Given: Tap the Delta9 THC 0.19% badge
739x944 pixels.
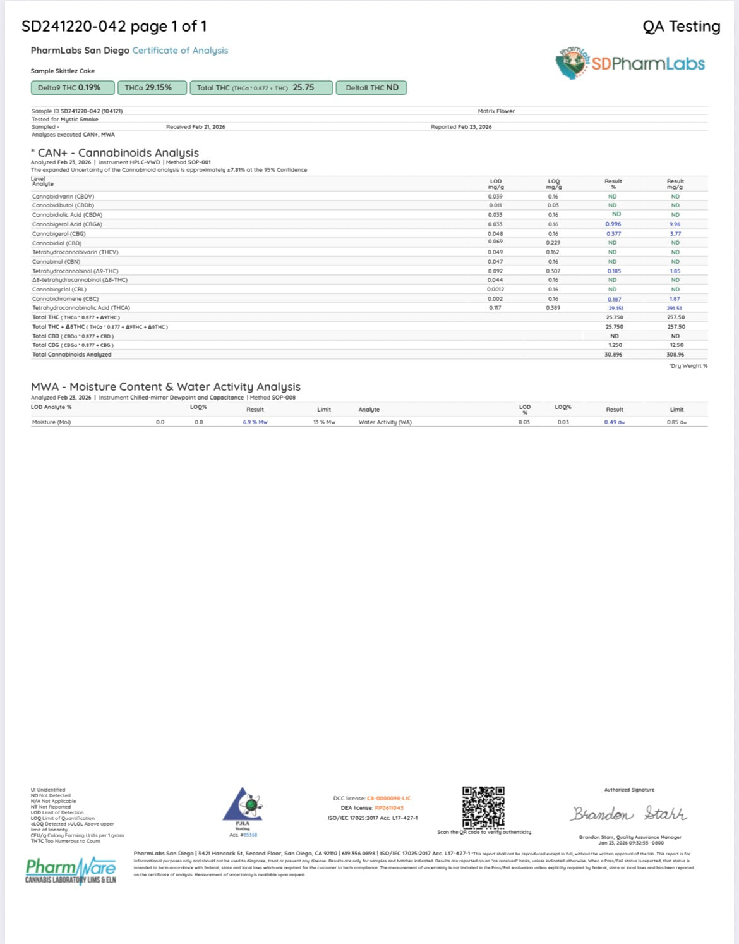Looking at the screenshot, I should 73,88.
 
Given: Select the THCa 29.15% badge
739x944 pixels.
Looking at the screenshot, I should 152,88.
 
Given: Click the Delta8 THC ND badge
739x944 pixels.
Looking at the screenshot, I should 371,88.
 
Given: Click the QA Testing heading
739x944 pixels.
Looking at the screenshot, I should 681,27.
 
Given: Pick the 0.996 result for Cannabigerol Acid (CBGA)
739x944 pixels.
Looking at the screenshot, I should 613,224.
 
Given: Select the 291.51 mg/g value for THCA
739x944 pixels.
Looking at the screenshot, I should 675,309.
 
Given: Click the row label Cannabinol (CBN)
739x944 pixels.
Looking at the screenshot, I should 56,262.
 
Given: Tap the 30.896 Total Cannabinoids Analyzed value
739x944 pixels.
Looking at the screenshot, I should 613,355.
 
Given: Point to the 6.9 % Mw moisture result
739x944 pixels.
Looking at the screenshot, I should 255,422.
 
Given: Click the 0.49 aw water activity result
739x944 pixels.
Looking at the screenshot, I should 614,422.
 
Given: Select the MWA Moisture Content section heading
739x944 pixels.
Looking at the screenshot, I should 165,387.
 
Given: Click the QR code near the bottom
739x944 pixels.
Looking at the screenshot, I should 483,807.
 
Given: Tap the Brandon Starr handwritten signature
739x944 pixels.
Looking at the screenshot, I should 629,814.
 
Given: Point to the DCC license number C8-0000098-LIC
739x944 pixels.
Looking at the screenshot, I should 388,799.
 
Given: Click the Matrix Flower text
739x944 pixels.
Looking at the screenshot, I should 496,111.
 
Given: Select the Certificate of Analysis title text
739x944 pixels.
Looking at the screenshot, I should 180,51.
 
